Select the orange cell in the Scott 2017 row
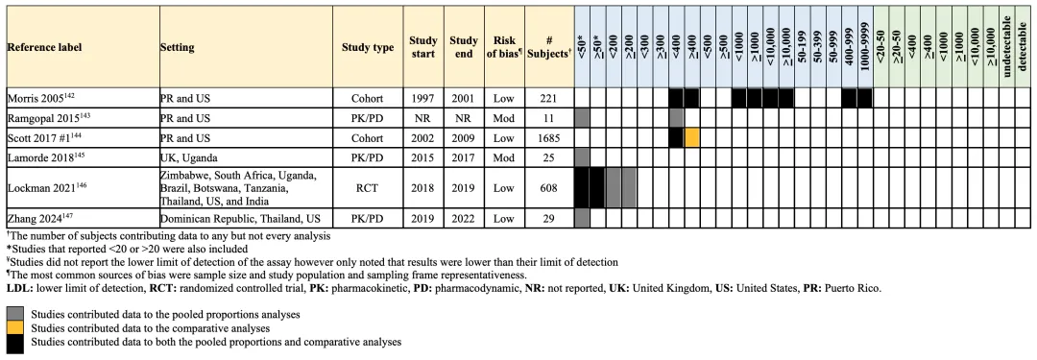[691, 138]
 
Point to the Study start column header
[423, 47]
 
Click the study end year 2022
[463, 218]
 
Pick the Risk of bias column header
[504, 47]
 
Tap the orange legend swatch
[15, 327]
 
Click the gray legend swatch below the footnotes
[15, 313]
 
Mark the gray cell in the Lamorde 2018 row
[582, 158]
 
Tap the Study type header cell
[368, 47]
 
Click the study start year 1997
[423, 99]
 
